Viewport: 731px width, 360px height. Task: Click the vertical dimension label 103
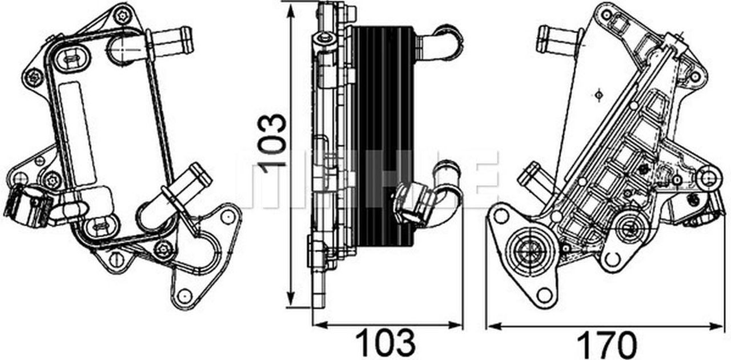[x=272, y=140]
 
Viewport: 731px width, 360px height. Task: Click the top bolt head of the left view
[x=123, y=15]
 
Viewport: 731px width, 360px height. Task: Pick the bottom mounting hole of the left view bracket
[x=183, y=297]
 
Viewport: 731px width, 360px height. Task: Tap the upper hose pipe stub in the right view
[x=557, y=40]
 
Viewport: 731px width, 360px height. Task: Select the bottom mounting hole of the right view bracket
[x=545, y=295]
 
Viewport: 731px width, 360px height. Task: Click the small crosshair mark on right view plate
[x=598, y=95]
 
